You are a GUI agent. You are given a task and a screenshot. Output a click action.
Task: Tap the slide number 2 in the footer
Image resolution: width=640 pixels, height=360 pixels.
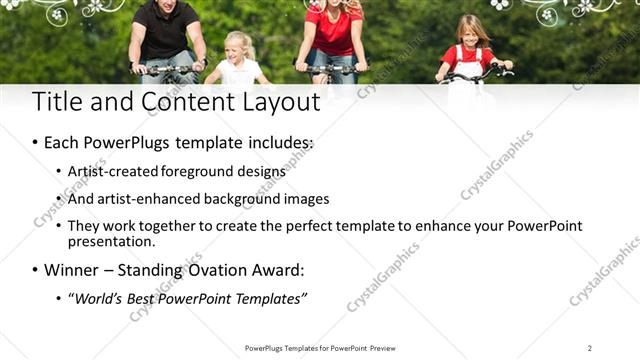pos(590,348)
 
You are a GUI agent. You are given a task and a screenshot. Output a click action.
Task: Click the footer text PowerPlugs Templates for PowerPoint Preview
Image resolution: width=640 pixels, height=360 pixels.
pos(320,348)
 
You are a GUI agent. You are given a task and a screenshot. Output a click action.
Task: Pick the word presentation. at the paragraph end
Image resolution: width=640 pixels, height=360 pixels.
pos(111,241)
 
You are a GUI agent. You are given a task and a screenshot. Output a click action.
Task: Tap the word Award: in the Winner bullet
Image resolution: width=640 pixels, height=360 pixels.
pos(275,270)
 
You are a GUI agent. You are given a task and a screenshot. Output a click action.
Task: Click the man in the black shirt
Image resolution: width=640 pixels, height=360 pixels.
pos(166,35)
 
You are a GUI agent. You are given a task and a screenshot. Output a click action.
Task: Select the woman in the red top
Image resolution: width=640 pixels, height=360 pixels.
pos(334,35)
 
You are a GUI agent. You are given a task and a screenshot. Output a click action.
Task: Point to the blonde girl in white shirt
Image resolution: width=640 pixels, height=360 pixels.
pos(239,62)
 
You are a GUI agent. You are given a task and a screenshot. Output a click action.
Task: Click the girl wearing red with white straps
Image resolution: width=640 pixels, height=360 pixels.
pos(468,50)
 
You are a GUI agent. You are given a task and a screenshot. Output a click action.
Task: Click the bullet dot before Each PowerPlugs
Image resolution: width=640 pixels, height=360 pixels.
pos(36,143)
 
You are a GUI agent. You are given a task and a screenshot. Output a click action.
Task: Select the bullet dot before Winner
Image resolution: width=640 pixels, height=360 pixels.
pos(36,270)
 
